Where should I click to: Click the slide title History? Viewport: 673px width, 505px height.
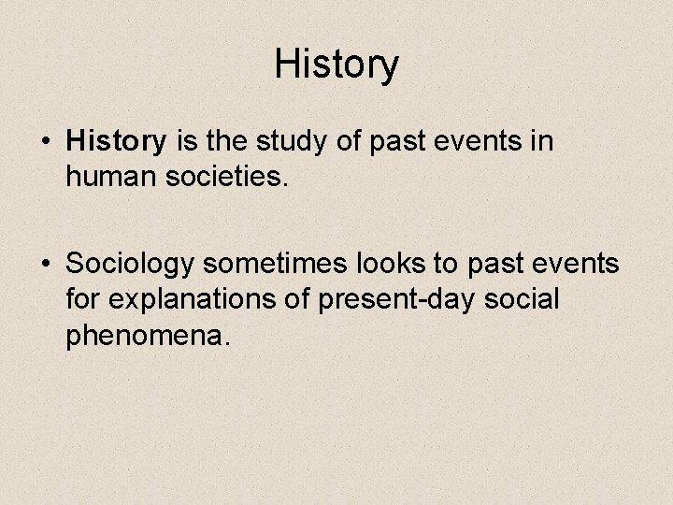click(336, 65)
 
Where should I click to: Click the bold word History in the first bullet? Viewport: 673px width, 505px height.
click(116, 142)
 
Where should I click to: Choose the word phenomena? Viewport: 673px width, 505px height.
click(146, 334)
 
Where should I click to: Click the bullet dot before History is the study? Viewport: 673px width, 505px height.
click(47, 143)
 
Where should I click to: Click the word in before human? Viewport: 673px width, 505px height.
click(543, 142)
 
